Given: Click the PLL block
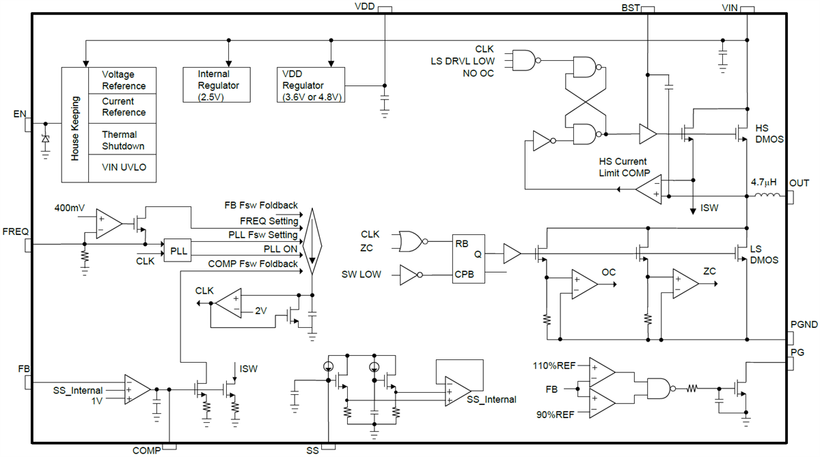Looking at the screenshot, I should point(177,251).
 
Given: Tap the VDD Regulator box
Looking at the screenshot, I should point(312,85).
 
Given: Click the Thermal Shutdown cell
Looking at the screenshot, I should point(123,140).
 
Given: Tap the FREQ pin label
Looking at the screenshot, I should point(15,231).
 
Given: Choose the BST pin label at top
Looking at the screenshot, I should point(631,8).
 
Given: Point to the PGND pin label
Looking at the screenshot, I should point(804,324).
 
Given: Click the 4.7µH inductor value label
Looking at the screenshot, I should point(765,182).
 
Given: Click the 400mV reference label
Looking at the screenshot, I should point(70,207).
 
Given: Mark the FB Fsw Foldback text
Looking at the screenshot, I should point(261,205).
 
